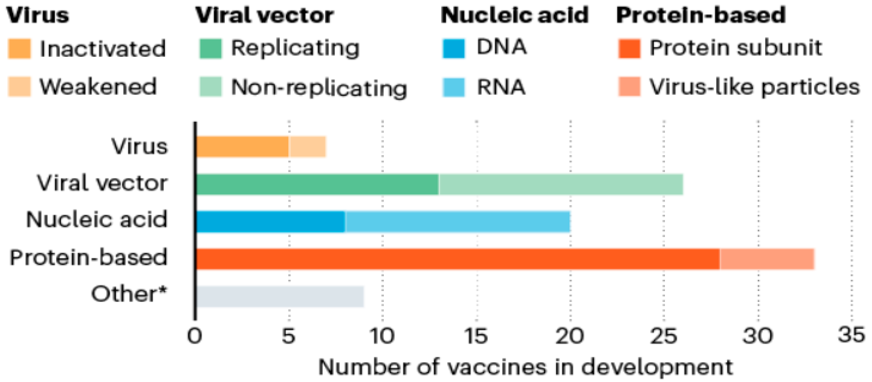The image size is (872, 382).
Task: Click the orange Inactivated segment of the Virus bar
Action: click(x=242, y=147)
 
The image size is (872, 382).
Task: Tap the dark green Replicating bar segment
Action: click(x=317, y=185)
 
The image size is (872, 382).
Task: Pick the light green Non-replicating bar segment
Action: click(x=560, y=185)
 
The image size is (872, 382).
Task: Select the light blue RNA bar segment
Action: click(x=458, y=222)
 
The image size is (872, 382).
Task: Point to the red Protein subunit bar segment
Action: click(x=458, y=259)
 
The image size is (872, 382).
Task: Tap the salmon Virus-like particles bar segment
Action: click(x=767, y=259)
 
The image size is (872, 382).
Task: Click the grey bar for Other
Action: click(x=280, y=297)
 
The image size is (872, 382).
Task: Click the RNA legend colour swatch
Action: click(x=454, y=87)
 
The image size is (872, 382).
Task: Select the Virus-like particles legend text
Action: click(x=754, y=87)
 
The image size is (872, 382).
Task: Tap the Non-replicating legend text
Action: click(x=319, y=88)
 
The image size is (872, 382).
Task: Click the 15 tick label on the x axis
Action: click(x=476, y=336)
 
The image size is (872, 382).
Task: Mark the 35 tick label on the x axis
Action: click(x=851, y=335)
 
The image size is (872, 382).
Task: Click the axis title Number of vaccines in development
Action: click(x=525, y=367)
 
